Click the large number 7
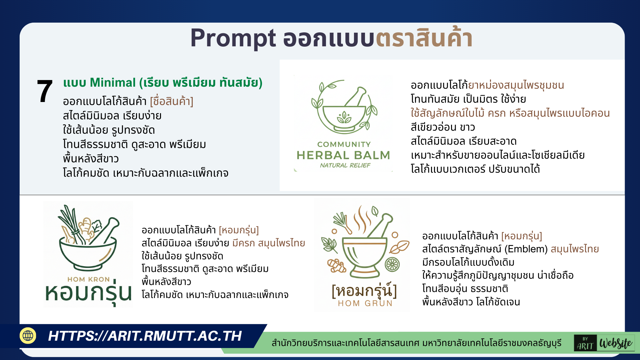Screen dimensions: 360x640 click(x=45, y=91)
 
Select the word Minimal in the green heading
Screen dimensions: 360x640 click(x=113, y=83)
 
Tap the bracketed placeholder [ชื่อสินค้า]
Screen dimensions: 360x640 click(x=172, y=101)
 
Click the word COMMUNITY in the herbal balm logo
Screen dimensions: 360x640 click(x=344, y=144)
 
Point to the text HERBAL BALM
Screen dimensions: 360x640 click(x=343, y=155)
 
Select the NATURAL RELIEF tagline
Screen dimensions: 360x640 click(x=345, y=165)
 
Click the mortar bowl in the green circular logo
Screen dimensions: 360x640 click(x=344, y=117)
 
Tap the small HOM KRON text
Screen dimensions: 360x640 click(x=88, y=279)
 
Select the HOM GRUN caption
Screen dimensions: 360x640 click(x=365, y=303)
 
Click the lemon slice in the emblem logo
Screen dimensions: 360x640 click(x=392, y=265)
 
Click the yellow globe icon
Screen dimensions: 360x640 click(x=28, y=335)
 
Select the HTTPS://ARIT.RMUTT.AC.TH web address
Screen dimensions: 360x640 click(x=145, y=336)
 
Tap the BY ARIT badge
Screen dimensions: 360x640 click(x=585, y=343)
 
